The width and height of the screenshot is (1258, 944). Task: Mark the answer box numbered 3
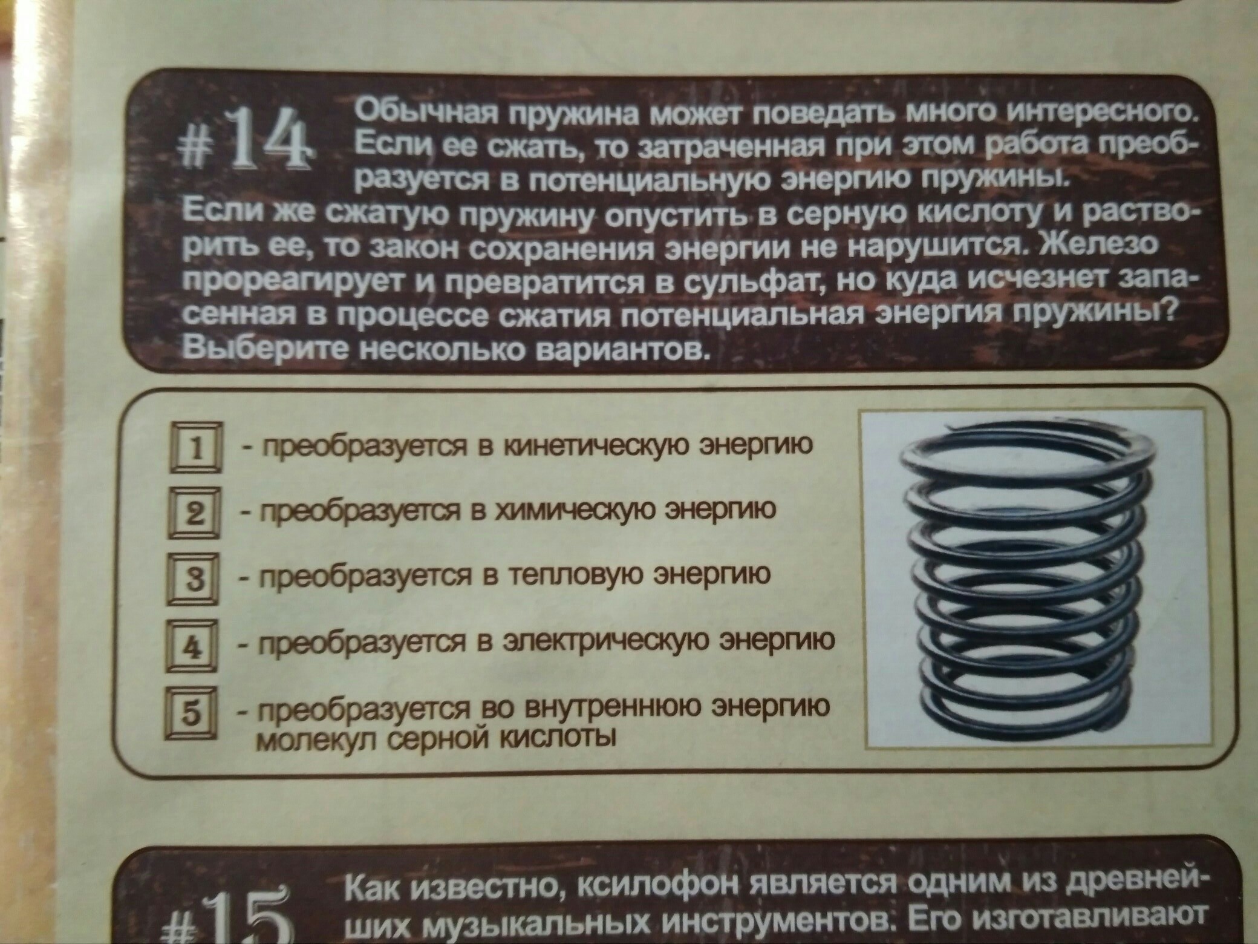[193, 579]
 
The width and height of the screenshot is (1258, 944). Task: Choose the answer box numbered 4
[191, 646]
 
